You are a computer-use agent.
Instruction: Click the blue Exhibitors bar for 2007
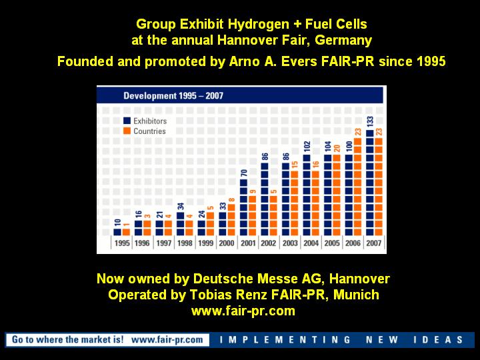coord(370,183)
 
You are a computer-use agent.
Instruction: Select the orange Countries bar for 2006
coord(357,187)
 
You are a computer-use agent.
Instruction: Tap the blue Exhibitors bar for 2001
coord(244,207)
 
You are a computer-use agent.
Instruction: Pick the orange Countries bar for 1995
coord(126,232)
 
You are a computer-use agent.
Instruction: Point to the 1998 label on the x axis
coord(185,243)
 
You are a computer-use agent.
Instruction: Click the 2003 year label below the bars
coord(290,243)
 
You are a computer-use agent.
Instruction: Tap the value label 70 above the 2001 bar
coord(244,173)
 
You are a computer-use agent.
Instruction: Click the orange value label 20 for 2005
coord(337,149)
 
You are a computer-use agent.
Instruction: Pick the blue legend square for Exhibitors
coord(127,121)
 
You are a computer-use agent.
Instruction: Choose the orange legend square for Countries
coord(127,131)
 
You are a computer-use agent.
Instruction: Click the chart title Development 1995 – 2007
coord(173,96)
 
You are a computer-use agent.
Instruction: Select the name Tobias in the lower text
coord(210,295)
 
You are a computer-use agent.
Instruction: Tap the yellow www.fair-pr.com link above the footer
coord(243,311)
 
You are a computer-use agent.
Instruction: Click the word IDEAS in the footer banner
coord(438,340)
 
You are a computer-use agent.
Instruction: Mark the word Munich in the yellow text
coord(356,295)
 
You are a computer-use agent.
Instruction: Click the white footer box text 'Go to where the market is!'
coord(67,339)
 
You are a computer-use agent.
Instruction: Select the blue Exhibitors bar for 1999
coord(201,228)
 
